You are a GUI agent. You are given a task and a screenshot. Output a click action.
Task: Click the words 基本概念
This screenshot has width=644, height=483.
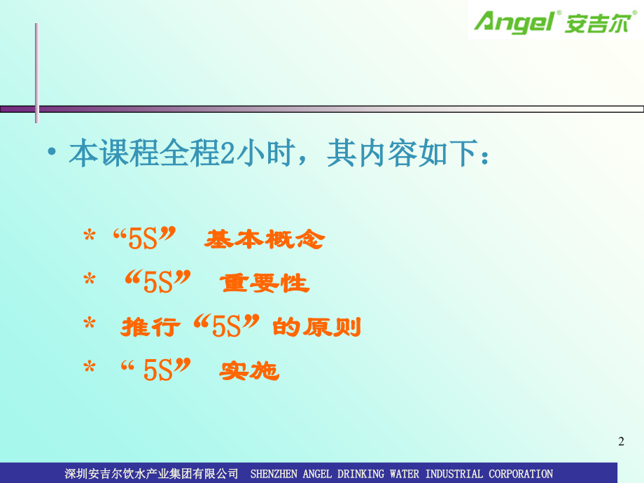(265, 240)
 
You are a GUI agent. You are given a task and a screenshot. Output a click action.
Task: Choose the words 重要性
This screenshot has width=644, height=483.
(264, 283)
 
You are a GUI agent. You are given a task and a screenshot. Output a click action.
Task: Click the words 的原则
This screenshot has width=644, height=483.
(316, 327)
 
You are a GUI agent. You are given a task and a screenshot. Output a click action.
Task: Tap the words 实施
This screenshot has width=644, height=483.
(249, 371)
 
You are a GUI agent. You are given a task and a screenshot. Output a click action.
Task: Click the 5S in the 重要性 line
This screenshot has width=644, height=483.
(157, 282)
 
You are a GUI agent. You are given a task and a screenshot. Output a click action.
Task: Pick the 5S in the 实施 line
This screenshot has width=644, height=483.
(158, 370)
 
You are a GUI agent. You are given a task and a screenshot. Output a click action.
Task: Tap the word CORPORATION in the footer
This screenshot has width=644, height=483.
(521, 474)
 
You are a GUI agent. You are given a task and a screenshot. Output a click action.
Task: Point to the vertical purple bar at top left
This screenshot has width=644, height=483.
(36, 70)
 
